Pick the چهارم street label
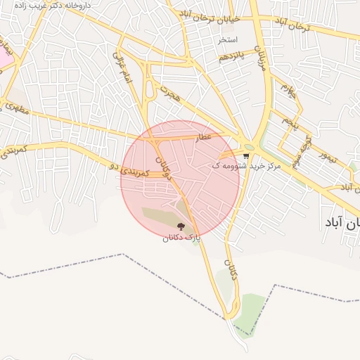pyautogui.click(x=284, y=90)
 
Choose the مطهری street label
pyautogui.click(x=16, y=109)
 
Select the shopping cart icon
pyautogui.click(x=245, y=156)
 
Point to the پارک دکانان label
pyautogui.click(x=181, y=238)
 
